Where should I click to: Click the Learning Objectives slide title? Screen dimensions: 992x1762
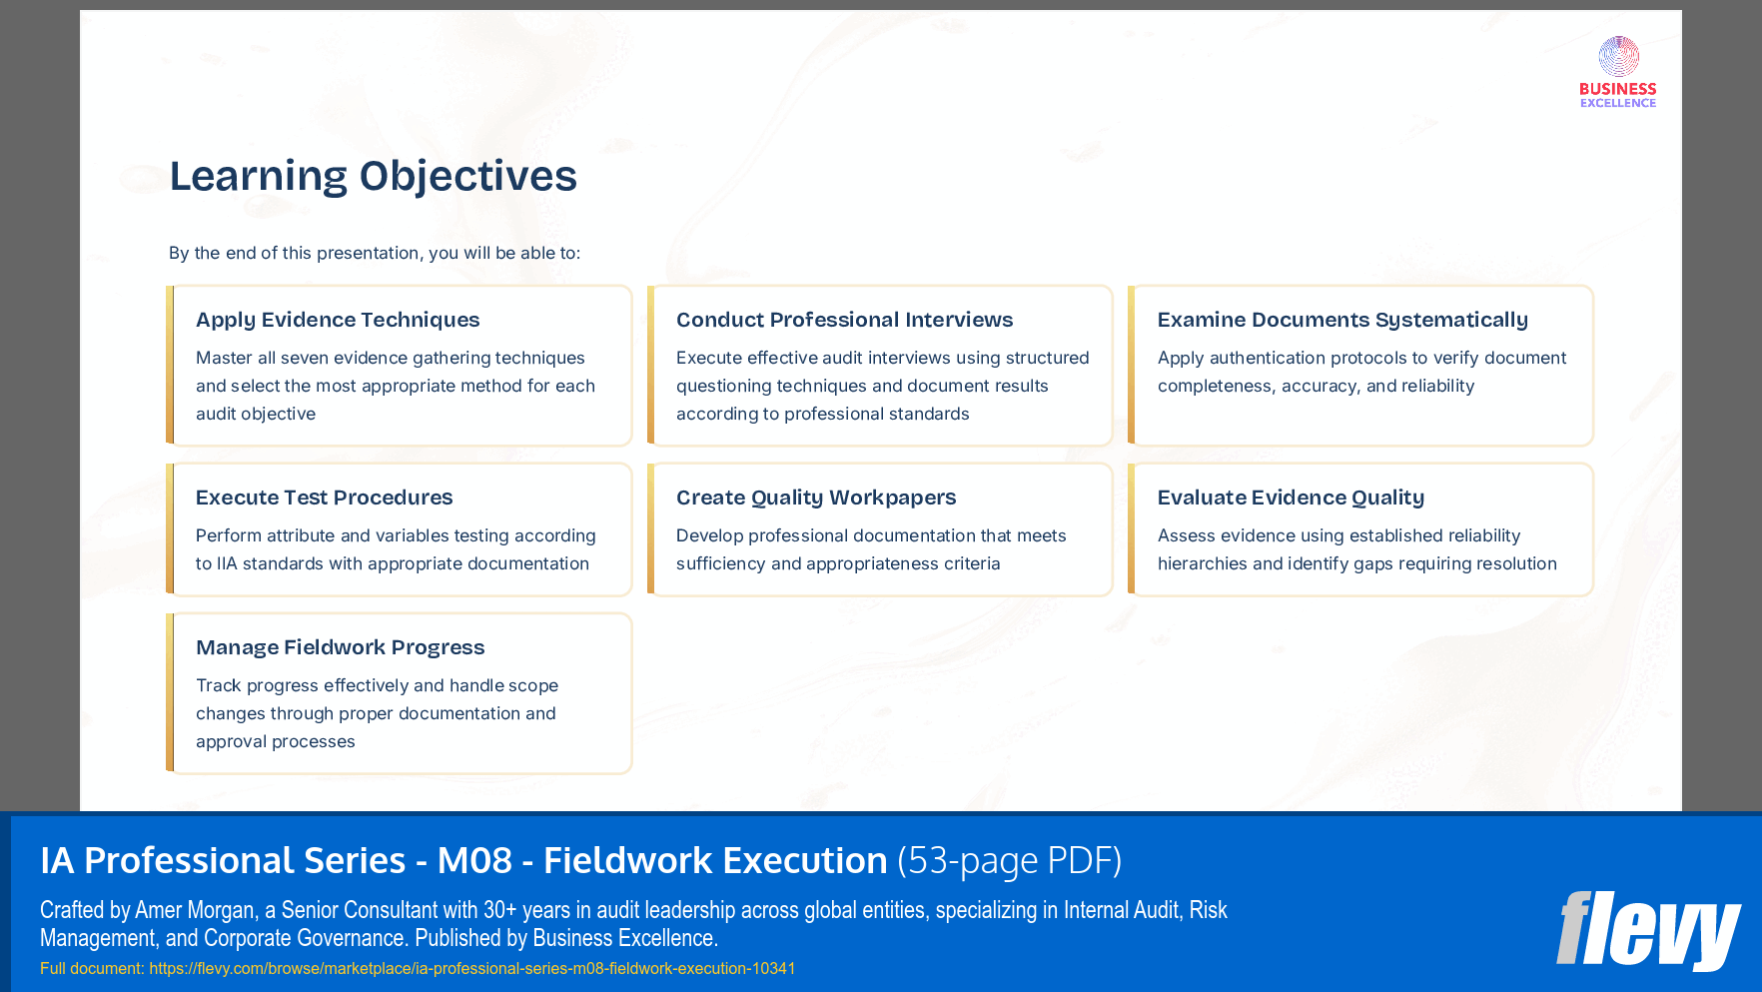tap(373, 176)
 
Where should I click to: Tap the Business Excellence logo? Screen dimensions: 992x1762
tap(1617, 72)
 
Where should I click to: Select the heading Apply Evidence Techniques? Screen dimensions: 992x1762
tap(338, 320)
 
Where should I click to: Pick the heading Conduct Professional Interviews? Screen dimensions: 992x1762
tap(844, 320)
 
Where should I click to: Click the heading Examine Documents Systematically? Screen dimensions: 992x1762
tap(1341, 320)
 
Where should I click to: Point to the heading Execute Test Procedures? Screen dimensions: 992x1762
tap(324, 497)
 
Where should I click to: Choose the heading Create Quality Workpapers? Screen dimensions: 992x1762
tap(815, 497)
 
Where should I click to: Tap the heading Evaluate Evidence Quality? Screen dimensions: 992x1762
tap(1290, 497)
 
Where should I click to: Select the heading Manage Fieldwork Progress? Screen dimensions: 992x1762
tap(340, 647)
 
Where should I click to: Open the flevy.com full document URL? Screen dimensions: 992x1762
tap(471, 968)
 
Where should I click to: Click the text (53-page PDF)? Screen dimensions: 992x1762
tap(1009, 860)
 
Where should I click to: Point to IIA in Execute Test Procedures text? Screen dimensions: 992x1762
tap(227, 563)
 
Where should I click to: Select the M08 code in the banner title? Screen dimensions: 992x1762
tap(474, 860)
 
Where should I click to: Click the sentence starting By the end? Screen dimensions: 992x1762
tap(374, 253)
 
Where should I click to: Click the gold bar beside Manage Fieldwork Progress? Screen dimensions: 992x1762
tap(170, 693)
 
